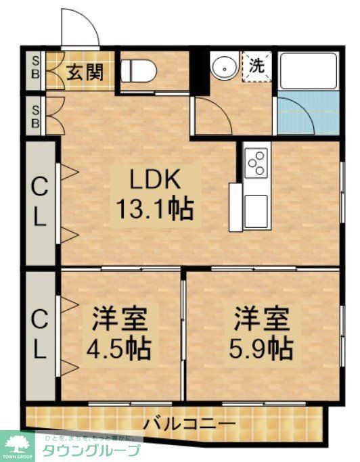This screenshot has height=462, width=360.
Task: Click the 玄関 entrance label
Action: point(85,71)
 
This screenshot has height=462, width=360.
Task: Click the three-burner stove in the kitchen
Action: point(256,162)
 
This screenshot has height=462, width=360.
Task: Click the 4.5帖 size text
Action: point(118,348)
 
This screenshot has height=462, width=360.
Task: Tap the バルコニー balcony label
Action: point(189,425)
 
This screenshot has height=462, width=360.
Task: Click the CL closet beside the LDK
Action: point(40,203)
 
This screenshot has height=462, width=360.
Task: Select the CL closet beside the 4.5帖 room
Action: point(40,335)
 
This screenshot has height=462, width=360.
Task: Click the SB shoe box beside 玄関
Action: point(36,69)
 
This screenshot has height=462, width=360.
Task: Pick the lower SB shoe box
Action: point(36,116)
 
